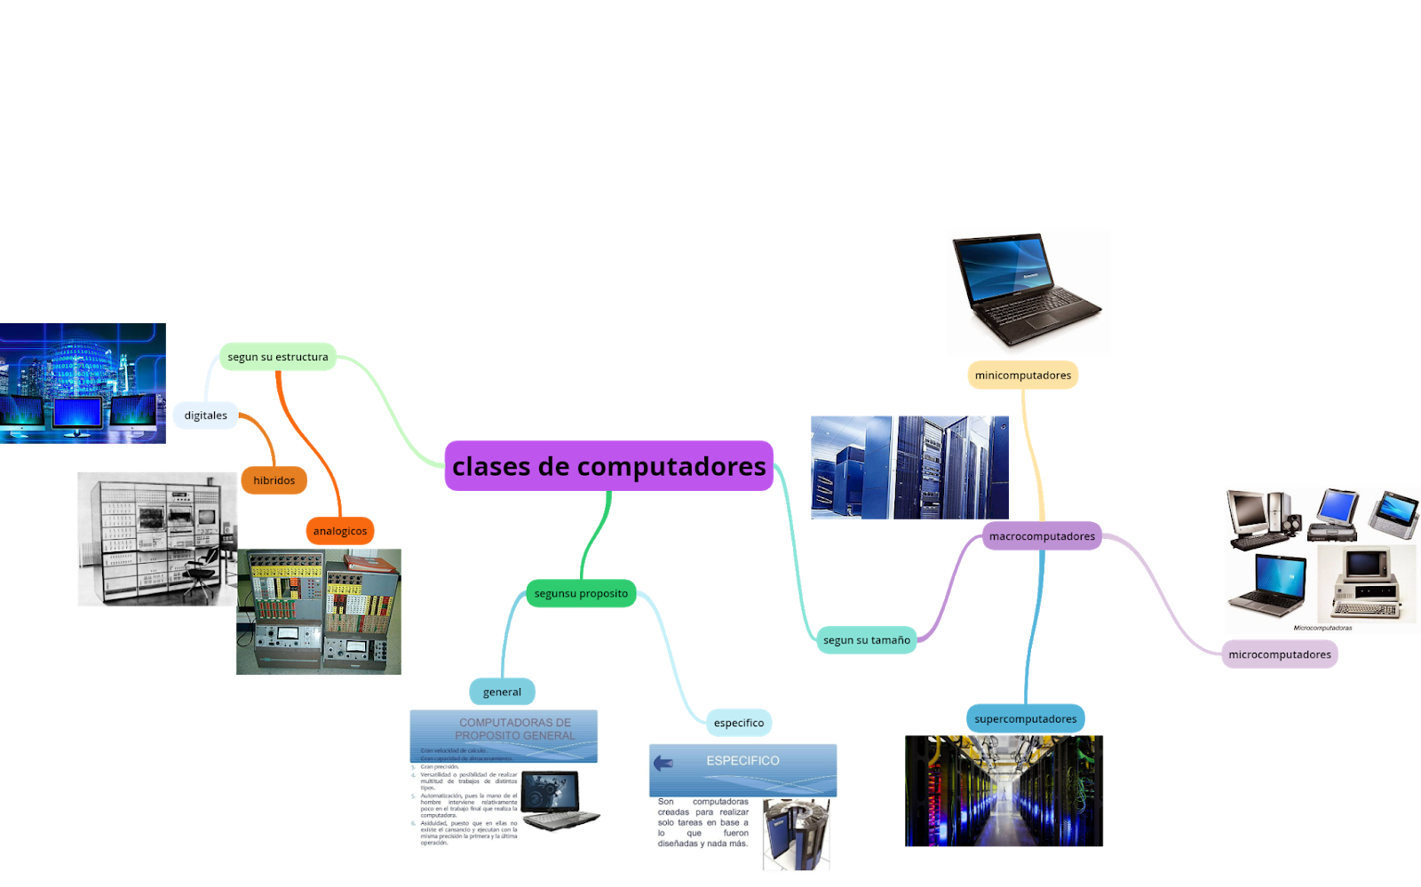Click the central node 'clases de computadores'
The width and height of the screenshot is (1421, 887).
[x=608, y=466]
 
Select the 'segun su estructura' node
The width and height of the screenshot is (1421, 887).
[x=277, y=357]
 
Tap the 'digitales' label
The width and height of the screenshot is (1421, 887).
[x=205, y=416]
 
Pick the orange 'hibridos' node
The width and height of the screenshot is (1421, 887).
[x=274, y=480]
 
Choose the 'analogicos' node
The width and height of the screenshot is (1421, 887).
[x=339, y=531]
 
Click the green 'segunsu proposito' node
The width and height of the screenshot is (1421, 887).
[x=581, y=593]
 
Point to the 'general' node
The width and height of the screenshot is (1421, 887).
[x=502, y=692]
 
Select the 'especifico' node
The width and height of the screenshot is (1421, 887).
[x=738, y=723]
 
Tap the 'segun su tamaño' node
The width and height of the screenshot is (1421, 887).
[x=866, y=640]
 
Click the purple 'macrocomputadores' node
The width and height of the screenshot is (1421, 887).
[x=1042, y=536]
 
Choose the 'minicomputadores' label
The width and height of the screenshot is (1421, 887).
[x=1022, y=376]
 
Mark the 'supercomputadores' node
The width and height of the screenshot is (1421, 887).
[x=1025, y=719]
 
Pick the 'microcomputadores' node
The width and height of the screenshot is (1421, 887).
[x=1279, y=654]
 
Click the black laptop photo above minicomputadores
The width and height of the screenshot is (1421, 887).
[x=1023, y=293]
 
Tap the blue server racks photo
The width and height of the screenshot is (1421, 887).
[x=909, y=467]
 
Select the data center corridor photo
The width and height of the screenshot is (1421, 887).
[x=1003, y=790]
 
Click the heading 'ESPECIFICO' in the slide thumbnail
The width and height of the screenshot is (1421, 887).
[x=742, y=761]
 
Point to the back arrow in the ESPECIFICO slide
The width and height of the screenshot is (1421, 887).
[x=663, y=763]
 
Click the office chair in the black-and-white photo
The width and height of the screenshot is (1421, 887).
[x=202, y=571]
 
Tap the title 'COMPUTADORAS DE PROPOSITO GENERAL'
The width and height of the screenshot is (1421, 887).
[x=514, y=729]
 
